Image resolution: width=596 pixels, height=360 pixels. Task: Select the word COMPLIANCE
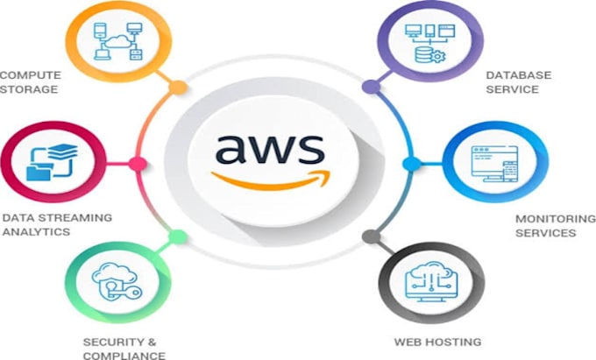124,355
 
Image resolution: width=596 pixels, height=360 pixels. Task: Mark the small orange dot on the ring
178,88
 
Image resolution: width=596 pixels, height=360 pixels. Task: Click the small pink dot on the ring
138,163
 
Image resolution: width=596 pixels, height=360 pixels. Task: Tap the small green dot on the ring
178,236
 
